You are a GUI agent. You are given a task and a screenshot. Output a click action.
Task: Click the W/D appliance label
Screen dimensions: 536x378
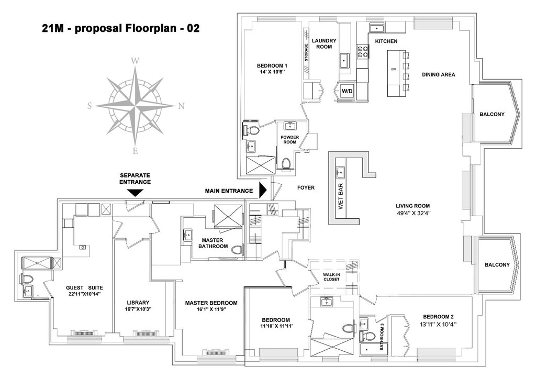[x=347, y=91]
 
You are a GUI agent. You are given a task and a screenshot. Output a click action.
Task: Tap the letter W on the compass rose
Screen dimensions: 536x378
[x=136, y=61]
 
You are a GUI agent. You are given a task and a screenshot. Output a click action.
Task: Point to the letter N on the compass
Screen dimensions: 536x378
[x=182, y=106]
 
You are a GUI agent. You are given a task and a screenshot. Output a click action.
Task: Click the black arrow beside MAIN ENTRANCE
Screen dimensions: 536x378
[x=263, y=191]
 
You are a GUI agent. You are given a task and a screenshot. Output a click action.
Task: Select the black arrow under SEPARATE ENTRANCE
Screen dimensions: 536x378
[x=136, y=193]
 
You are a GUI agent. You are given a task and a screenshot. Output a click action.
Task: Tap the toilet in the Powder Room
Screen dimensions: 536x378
[x=286, y=163]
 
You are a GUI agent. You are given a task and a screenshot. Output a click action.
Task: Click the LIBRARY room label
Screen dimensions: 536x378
[x=138, y=303]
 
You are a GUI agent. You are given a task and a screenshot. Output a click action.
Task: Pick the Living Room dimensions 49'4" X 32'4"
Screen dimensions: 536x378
[x=412, y=213]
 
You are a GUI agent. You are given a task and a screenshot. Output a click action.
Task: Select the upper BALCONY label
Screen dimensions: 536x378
[x=492, y=114]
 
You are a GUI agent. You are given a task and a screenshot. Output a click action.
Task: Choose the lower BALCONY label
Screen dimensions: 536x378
[x=497, y=264]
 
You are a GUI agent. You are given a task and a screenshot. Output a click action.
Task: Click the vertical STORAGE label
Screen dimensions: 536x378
[x=306, y=52]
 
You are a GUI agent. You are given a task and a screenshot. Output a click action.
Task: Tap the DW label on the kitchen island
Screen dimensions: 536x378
[x=394, y=70]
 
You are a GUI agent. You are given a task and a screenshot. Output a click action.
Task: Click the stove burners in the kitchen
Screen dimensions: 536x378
[x=363, y=51]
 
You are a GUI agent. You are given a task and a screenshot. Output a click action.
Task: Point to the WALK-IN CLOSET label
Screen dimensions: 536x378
[x=331, y=276]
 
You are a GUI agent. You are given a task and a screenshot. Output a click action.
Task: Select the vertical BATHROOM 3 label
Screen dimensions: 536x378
[x=382, y=337]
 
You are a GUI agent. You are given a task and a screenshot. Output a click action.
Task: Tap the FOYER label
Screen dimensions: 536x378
[x=306, y=187]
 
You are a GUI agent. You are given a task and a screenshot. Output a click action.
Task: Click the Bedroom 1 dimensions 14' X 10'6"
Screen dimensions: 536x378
[x=272, y=72]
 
